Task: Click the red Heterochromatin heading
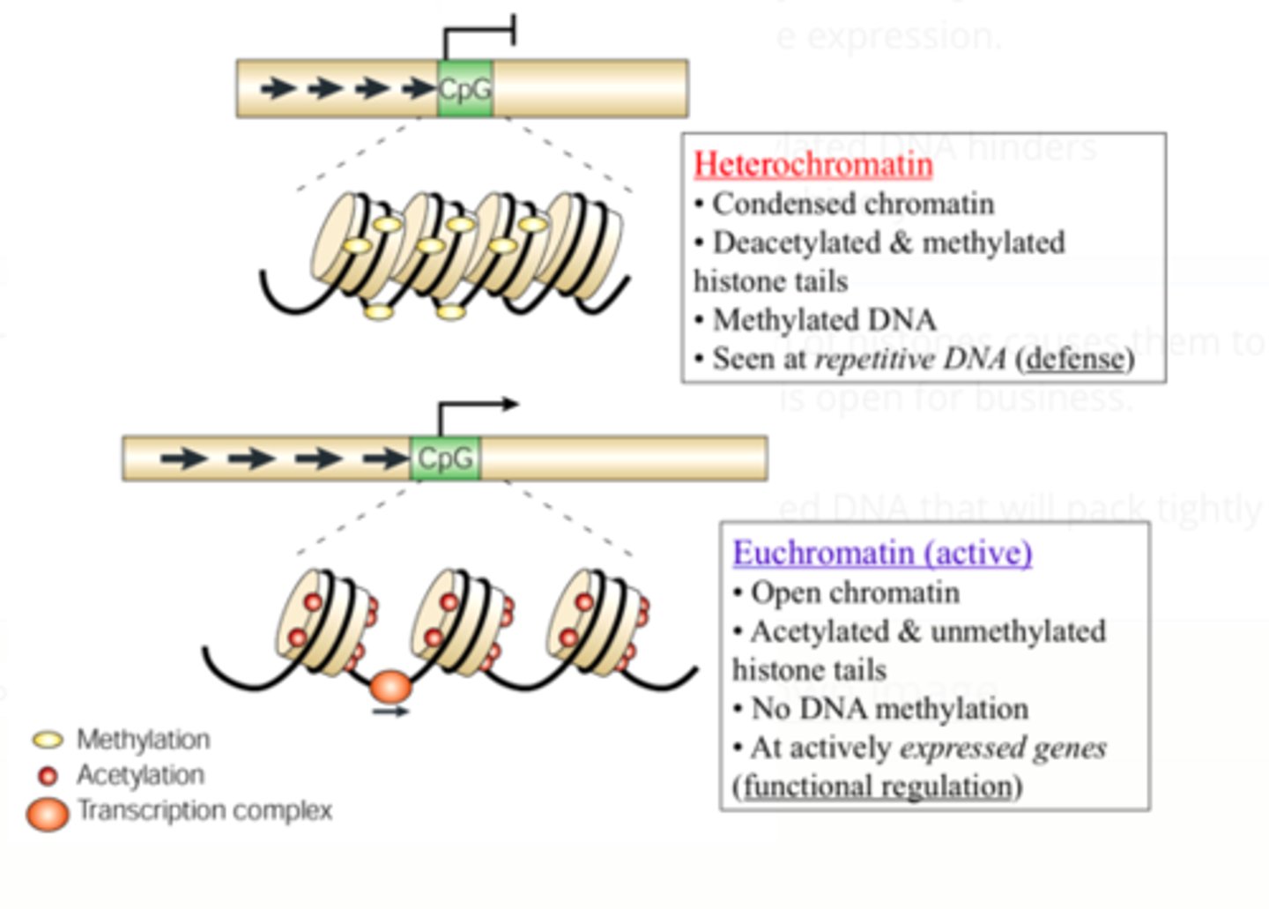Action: click(813, 165)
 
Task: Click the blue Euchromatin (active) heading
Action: click(882, 553)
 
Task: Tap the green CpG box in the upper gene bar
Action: click(464, 89)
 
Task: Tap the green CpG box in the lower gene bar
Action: click(445, 458)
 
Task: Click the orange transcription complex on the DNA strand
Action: click(390, 686)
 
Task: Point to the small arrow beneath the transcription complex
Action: click(390, 711)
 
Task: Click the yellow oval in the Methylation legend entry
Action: click(48, 740)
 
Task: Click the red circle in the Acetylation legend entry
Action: click(48, 776)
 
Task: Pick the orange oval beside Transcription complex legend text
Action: click(48, 813)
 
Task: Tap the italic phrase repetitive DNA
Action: click(909, 359)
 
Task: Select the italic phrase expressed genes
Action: click(1003, 748)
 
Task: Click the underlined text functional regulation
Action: click(878, 786)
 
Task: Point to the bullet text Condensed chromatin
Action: click(853, 204)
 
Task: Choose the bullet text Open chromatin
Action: click(855, 592)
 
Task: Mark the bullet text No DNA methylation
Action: click(889, 709)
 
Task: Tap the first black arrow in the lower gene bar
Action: click(183, 458)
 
